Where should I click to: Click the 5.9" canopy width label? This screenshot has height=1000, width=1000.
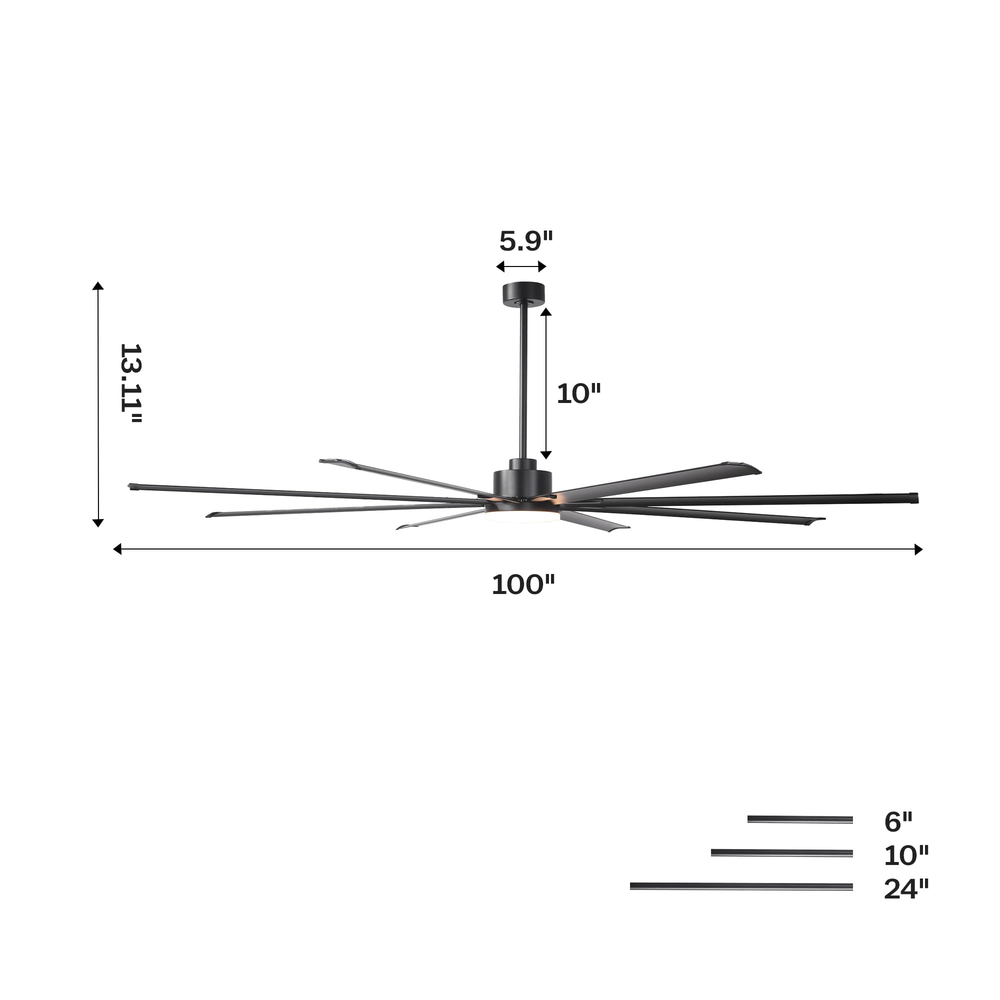526,241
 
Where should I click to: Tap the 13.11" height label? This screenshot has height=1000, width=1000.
130,383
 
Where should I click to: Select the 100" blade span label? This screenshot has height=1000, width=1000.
523,585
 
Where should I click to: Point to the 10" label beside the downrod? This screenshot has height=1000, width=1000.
578,394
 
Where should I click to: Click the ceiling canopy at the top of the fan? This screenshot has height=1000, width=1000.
524,292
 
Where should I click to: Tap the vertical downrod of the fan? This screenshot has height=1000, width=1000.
524,383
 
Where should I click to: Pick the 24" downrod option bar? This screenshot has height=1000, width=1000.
740,886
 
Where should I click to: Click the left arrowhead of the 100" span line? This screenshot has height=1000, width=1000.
117,549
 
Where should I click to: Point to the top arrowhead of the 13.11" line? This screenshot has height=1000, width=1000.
98,286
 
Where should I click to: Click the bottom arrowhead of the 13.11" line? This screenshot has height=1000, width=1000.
98,523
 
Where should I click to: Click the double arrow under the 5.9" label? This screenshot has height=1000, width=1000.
521,266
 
